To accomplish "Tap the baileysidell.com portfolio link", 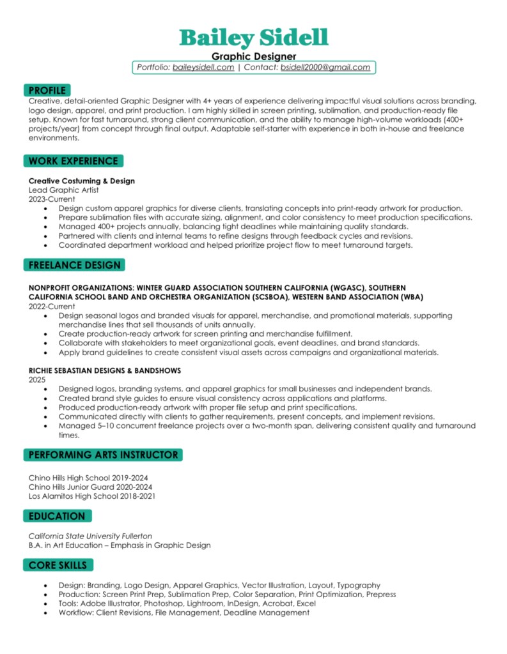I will click(203, 67).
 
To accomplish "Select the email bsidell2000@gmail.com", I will click(325, 67).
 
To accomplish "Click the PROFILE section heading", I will click(47, 91).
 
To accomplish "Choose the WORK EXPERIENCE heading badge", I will click(73, 161).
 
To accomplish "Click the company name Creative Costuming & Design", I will click(82, 181).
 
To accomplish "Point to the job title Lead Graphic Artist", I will click(63, 190).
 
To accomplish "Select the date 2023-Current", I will click(52, 199).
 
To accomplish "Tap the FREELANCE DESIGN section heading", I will click(74, 264).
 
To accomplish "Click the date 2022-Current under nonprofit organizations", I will click(52, 307).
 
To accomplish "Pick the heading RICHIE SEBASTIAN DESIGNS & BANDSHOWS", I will click(105, 370).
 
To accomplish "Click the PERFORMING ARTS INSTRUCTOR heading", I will click(102, 455).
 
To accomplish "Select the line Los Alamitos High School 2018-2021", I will click(92, 496).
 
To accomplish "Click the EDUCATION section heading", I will click(56, 516).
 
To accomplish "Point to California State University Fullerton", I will click(90, 536).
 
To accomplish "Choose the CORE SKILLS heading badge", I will click(58, 565).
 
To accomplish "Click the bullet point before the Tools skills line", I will click(45, 604).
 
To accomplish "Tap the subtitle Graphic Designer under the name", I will click(253, 57).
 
